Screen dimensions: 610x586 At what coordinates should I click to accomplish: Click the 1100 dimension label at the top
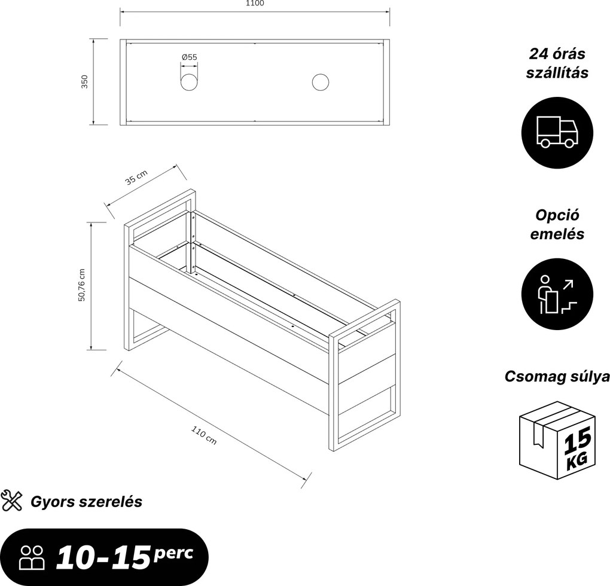pos(255,4)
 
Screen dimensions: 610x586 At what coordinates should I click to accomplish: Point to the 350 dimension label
pos(84,82)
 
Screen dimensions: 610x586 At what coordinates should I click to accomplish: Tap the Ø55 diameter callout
pos(189,57)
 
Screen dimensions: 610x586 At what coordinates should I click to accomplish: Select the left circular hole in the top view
pos(189,83)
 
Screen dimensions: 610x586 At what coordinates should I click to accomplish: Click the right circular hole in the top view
pos(320,83)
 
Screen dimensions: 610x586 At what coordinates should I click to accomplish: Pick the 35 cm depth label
pos(136,178)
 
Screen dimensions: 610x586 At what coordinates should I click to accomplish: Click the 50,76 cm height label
pos(81,285)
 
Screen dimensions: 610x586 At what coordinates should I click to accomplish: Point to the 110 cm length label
pos(204,435)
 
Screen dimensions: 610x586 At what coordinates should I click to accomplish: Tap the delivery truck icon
pos(557,133)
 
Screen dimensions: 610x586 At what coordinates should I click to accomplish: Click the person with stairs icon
pos(557,294)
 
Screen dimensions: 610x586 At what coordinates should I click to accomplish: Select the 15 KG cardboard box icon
pos(557,441)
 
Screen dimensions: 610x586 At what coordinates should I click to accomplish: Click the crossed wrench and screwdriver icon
pos(12,501)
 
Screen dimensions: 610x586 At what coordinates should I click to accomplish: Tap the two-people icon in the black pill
pos(32,558)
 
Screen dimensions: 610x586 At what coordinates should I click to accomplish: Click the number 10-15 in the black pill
pos(103,558)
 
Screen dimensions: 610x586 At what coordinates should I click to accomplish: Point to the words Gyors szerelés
pos(86,502)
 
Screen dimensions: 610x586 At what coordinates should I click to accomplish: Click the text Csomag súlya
pos(557,377)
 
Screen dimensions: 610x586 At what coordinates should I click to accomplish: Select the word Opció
pos(557,215)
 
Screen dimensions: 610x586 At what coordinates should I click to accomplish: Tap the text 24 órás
pos(557,54)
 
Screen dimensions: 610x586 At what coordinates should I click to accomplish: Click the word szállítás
pos(557,73)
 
